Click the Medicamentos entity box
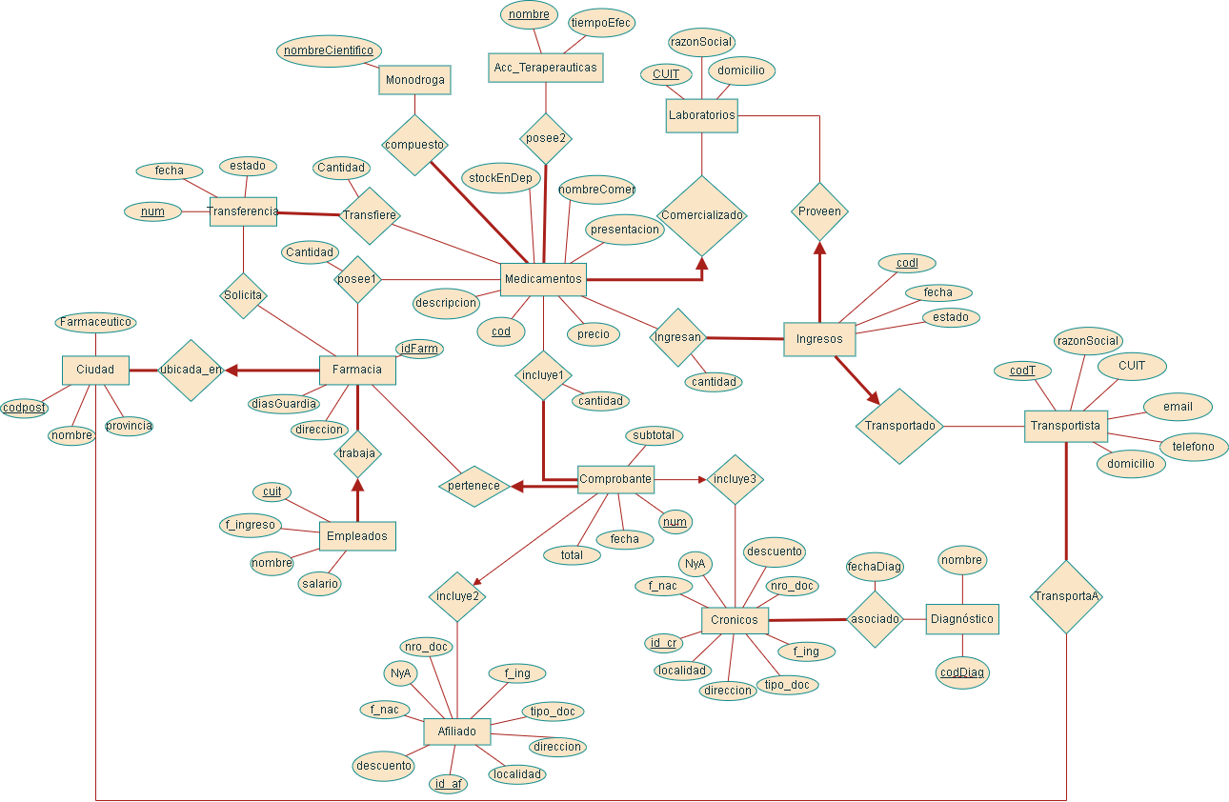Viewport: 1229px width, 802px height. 543,279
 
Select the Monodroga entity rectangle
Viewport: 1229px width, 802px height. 414,80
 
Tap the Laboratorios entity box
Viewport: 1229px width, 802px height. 701,115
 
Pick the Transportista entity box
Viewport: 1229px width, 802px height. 1064,426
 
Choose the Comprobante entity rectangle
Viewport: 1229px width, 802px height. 615,479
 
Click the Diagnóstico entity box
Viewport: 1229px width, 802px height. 961,619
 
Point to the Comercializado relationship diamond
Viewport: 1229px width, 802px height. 702,215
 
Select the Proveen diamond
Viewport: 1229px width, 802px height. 819,211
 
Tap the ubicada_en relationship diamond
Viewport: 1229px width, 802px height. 191,370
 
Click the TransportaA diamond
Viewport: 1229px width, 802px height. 1066,597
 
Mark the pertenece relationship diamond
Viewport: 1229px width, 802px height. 474,486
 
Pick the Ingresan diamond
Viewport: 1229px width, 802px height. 677,337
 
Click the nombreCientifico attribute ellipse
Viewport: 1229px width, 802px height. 330,50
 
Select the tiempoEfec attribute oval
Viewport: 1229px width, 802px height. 600,23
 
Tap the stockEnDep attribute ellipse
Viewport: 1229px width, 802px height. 501,178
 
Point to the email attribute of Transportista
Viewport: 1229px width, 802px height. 1178,407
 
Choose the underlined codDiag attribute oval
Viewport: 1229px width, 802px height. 962,672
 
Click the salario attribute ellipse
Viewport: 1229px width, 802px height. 319,585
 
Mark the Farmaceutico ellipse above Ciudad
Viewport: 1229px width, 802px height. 95,323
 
